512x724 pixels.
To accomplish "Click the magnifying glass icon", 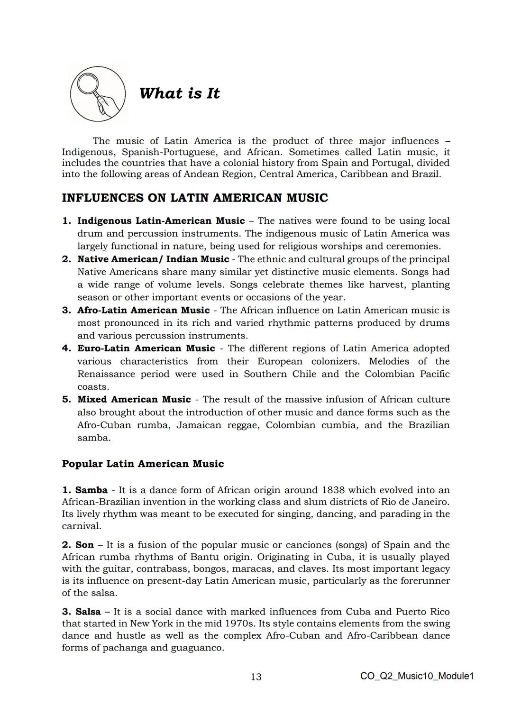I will click(x=98, y=92).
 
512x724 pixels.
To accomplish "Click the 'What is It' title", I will click(x=179, y=93).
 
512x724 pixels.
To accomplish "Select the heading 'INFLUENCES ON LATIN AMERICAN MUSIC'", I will click(x=195, y=198).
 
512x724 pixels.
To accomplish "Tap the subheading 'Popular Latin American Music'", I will click(x=143, y=464).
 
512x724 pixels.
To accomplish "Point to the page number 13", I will click(x=256, y=677).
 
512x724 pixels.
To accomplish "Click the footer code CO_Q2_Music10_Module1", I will click(x=417, y=676).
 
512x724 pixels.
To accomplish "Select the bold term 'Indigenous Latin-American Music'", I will click(x=161, y=221).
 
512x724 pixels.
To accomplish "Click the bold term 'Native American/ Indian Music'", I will click(x=153, y=259).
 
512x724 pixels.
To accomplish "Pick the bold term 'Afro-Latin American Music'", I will click(x=143, y=310).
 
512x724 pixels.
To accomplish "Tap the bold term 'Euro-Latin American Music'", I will click(x=146, y=348).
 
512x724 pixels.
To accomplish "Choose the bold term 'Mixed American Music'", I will click(x=134, y=399).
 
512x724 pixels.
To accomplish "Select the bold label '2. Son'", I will click(x=78, y=545).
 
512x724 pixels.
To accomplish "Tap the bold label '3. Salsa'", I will click(x=81, y=612).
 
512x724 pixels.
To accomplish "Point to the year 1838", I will click(x=335, y=490).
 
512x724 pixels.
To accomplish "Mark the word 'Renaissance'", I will click(x=106, y=374).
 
